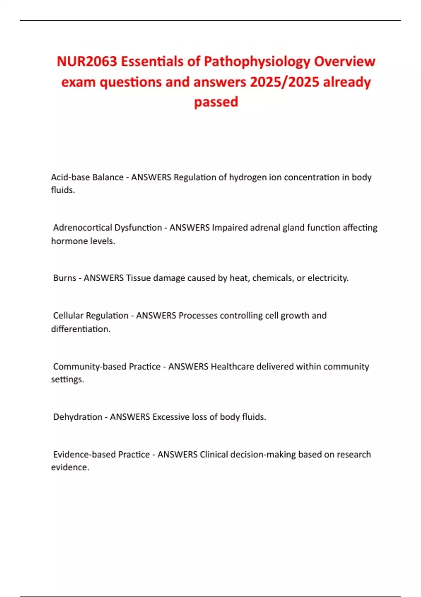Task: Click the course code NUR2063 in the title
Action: tap(87, 61)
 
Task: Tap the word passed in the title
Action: tap(216, 102)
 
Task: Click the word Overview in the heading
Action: tap(345, 61)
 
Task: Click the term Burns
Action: tap(65, 278)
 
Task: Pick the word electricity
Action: tap(328, 278)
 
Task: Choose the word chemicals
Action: tap(273, 278)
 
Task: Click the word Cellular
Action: tap(68, 315)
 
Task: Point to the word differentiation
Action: tap(80, 329)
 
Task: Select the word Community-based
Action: tap(89, 367)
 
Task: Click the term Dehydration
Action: tap(78, 417)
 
